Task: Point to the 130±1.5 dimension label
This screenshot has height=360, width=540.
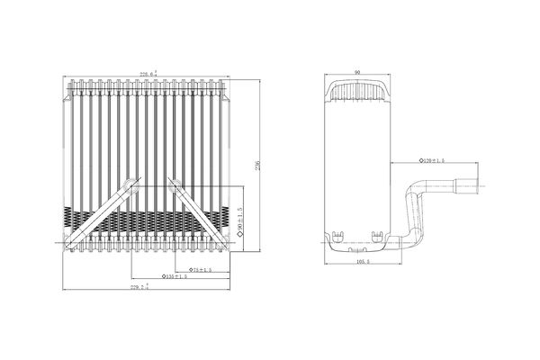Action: (174, 276)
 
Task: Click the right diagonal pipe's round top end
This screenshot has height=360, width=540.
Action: (173, 182)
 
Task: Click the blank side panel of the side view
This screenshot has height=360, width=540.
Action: (357, 162)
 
